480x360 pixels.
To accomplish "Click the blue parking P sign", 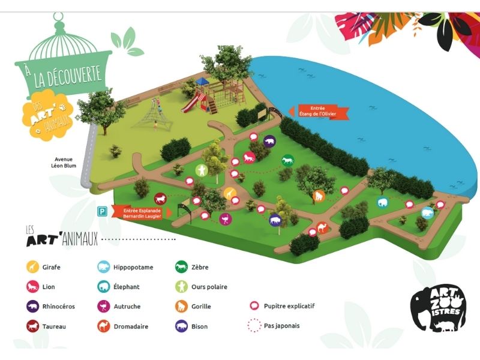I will (x=103, y=211).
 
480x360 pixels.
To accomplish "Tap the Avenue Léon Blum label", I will (x=68, y=163).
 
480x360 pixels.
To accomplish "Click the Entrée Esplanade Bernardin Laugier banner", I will (x=143, y=213).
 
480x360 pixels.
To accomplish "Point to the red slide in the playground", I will (x=190, y=103).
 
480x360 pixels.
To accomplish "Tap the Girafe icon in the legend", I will (x=31, y=267).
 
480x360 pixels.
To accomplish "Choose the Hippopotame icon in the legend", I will (x=103, y=267).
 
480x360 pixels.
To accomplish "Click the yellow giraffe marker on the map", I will (x=230, y=193).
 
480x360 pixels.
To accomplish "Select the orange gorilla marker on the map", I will (x=319, y=196).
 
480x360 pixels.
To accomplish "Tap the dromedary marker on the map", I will (x=322, y=228).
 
